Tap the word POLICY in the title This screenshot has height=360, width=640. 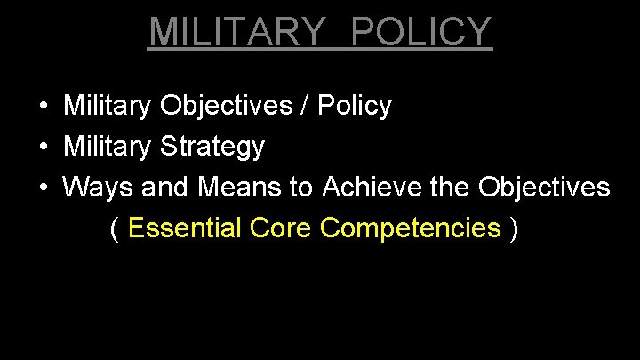coord(421,32)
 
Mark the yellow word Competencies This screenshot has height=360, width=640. coord(410,229)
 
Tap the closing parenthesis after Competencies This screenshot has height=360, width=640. coord(515,229)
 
